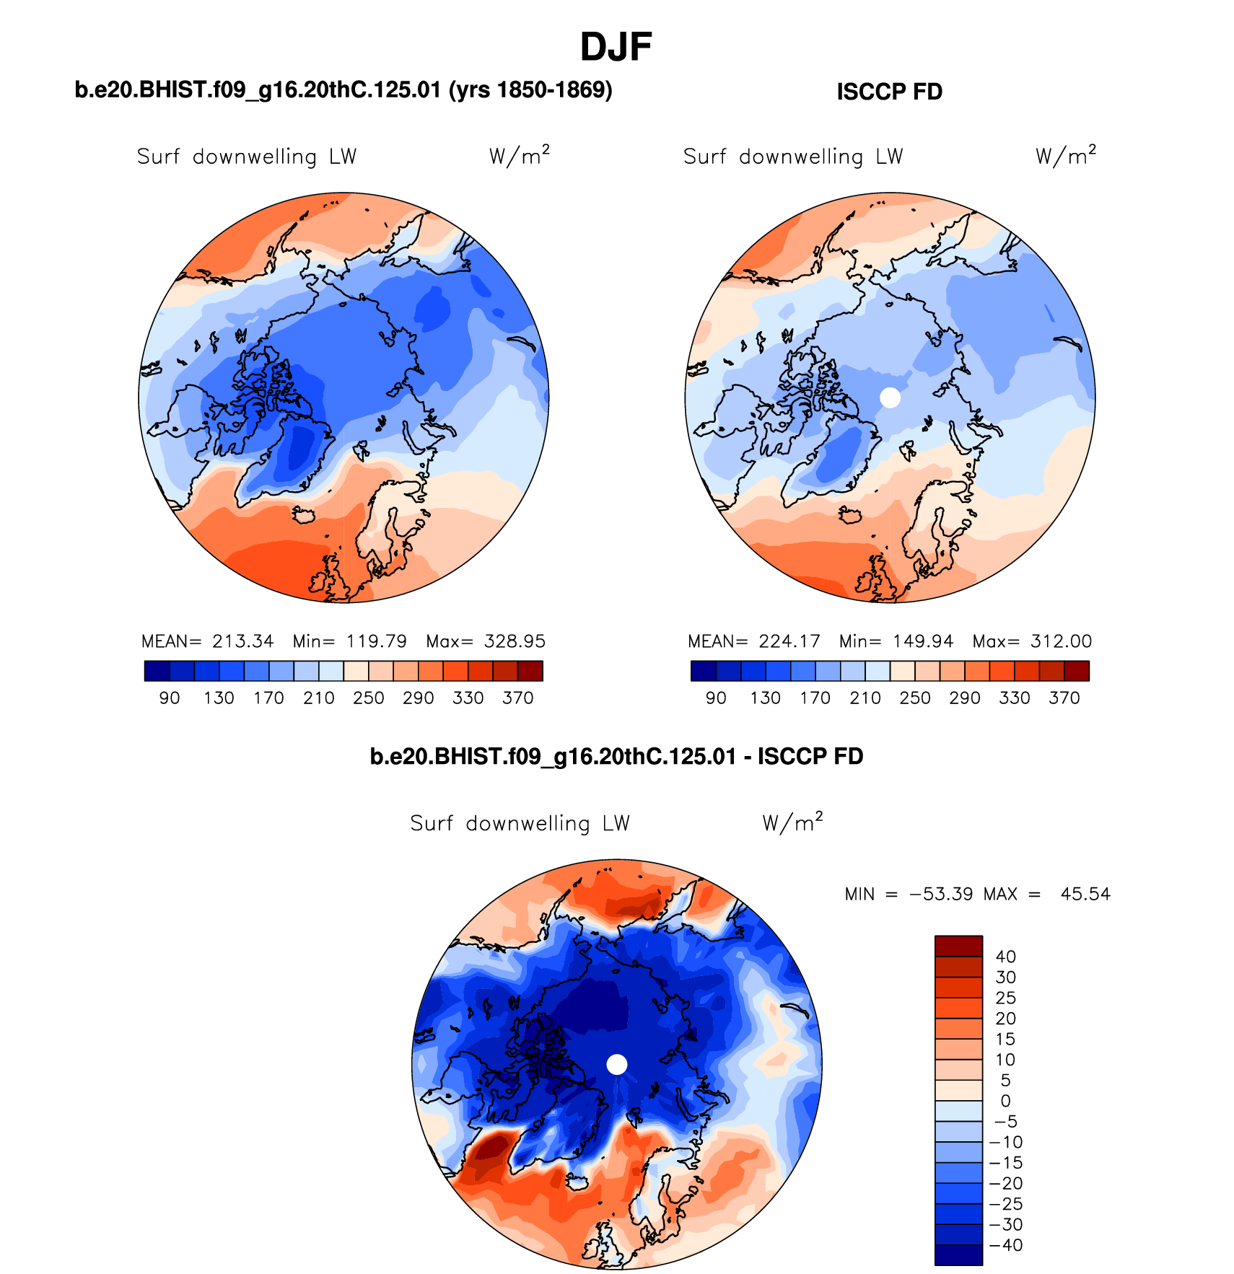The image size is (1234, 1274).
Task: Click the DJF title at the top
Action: coord(616,48)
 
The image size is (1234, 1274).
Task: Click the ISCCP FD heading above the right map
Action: coord(889,92)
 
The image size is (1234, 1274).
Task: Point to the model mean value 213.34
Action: coord(242,641)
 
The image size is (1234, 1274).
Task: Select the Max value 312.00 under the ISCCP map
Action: coord(1061,641)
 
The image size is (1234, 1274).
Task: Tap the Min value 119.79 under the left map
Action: coord(376,641)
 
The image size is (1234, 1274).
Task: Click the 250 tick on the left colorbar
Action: coord(368,698)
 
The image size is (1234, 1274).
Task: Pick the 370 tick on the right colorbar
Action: coord(1064,698)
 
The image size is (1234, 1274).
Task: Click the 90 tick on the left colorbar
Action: coord(170,698)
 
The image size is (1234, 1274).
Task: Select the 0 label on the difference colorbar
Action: coord(1005,1102)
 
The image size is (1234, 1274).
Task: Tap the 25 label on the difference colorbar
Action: coord(1005,998)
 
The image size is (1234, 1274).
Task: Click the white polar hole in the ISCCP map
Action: coord(890,397)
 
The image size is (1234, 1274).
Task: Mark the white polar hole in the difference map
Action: coord(617,1064)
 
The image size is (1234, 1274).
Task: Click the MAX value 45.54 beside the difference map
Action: coord(1085,895)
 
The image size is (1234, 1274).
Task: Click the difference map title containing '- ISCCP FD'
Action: coord(616,757)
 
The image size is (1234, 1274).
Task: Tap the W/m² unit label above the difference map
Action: coord(792,822)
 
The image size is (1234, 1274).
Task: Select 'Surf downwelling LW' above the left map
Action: coord(247,157)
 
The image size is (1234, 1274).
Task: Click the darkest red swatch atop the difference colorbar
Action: coord(958,946)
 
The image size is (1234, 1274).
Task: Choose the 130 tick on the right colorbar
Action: coord(765,698)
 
